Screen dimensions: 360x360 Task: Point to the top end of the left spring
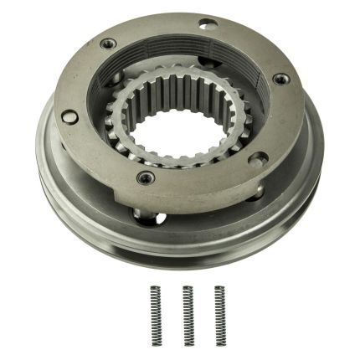point(156,288)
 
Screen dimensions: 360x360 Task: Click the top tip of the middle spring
point(188,288)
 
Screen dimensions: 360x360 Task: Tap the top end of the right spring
point(219,288)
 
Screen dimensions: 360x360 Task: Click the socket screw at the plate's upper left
point(107,44)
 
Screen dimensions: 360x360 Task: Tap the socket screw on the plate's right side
point(280,79)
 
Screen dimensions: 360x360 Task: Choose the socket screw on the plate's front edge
point(147,177)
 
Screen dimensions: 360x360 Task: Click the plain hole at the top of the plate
point(207,25)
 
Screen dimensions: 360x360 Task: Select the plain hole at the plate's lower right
point(260,157)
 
